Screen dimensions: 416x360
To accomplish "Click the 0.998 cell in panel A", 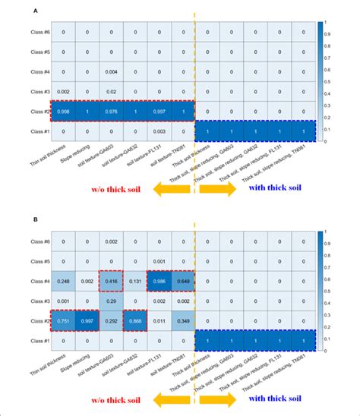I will coord(65,112).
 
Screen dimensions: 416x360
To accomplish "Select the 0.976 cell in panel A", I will coord(112,112).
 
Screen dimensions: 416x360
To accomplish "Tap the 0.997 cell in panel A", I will coord(159,112).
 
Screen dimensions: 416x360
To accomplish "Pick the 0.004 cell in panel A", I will coord(112,72).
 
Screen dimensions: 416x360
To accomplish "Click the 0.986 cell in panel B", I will coord(159,282).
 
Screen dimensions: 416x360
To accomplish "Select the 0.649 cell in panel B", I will coord(183,282).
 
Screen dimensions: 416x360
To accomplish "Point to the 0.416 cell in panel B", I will coord(112,282).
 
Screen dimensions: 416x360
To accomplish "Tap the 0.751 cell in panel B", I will coord(65,321).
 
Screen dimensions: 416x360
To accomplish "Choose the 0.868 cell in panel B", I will coord(135,321).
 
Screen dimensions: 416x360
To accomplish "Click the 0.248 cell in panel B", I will coord(65,282).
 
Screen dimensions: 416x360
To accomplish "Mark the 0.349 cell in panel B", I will coord(183,321).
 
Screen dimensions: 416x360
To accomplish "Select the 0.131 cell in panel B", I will coord(135,282).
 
